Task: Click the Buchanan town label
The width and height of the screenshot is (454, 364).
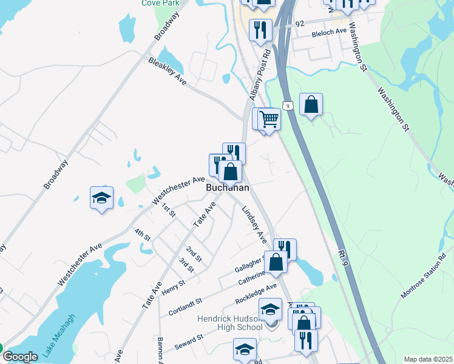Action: pos(228,188)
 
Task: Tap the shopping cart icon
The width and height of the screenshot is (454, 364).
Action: pos(269,119)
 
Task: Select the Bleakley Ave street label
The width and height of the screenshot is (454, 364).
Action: pos(167,71)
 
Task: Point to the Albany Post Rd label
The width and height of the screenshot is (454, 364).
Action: pos(259,73)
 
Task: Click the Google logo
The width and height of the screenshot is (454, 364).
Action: pos(20,357)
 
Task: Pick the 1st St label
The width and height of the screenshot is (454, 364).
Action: pos(168,210)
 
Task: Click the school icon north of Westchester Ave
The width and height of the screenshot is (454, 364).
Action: pos(102,198)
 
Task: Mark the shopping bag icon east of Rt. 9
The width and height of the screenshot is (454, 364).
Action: pos(311,104)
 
